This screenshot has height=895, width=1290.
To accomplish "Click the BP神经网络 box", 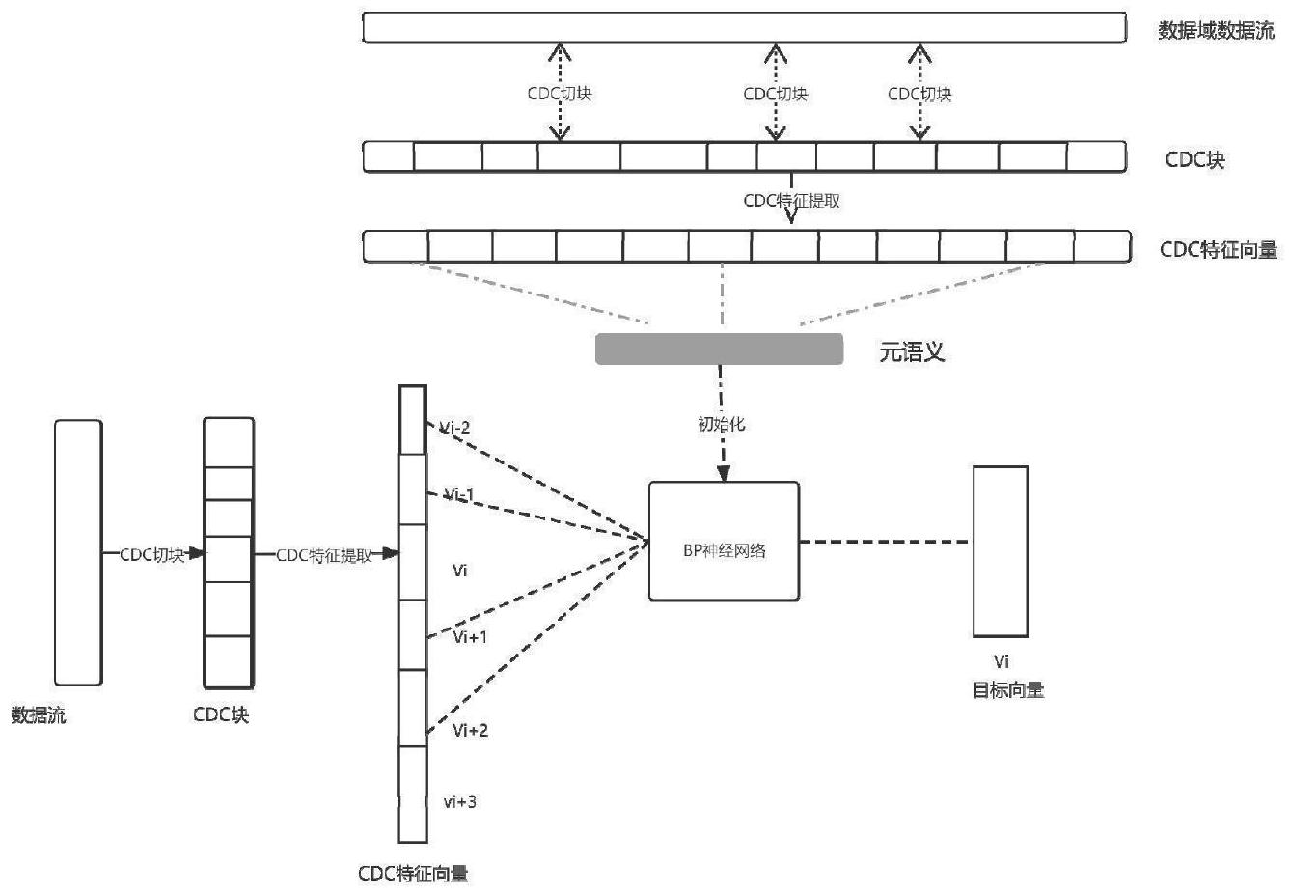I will (x=724, y=542).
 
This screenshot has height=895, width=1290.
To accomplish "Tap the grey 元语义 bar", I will (x=719, y=350).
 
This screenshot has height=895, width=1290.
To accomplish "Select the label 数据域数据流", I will (x=1216, y=30).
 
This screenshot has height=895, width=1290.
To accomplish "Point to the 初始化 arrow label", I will (x=722, y=424).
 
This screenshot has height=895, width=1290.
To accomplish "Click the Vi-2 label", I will (x=455, y=428).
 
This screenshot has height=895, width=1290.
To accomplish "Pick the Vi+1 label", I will (x=470, y=637).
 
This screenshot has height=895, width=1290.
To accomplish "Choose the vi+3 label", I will (x=460, y=802).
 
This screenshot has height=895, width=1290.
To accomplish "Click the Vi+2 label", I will (x=471, y=730).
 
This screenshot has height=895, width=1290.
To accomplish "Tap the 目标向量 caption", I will (x=1007, y=690).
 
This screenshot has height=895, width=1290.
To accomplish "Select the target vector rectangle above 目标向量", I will (x=1001, y=551).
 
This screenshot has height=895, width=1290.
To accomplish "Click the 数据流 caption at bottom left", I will (x=39, y=715).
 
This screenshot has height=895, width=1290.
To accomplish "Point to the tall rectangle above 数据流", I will (x=78, y=552).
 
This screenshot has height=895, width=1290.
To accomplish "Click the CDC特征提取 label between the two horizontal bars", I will (x=791, y=201).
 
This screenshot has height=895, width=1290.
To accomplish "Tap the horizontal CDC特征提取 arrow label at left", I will (x=324, y=556).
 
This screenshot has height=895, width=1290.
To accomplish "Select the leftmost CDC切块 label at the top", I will (x=560, y=94).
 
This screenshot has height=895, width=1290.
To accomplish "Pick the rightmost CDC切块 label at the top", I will (x=919, y=94).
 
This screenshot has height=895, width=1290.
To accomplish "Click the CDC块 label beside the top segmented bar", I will (x=1194, y=159).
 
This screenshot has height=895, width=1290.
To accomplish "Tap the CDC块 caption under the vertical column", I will (x=221, y=714).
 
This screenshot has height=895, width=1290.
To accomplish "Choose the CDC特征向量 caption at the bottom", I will (x=413, y=874).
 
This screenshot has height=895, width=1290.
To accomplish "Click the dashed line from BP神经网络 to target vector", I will (x=886, y=542).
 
